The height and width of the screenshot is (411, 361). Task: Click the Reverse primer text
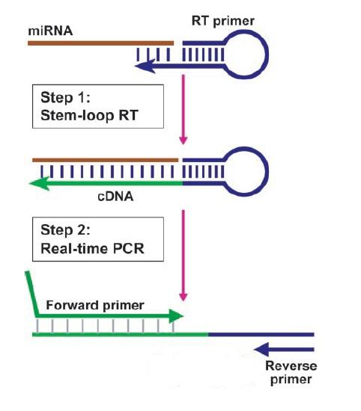point(291,372)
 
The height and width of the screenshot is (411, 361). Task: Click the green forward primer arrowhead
point(177,316)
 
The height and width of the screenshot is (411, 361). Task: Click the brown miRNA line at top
point(101,43)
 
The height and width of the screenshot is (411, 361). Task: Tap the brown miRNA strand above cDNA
point(105,159)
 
